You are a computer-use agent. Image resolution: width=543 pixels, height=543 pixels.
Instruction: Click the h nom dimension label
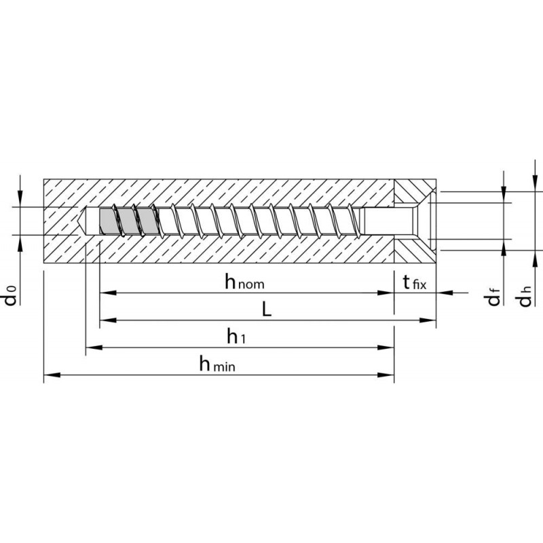(244, 282)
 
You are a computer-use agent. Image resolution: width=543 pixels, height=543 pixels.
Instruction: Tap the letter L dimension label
(266, 310)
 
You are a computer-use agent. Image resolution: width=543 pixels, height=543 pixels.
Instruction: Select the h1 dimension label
(236, 336)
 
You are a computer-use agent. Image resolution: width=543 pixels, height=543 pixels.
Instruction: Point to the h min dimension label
(217, 364)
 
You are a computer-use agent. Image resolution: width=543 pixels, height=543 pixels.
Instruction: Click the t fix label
(415, 282)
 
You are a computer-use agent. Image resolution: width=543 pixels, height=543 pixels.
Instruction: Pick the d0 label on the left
(11, 295)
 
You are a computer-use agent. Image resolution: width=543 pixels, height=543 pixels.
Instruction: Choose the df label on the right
(494, 297)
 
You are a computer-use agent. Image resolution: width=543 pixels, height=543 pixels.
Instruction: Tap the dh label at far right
(525, 297)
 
